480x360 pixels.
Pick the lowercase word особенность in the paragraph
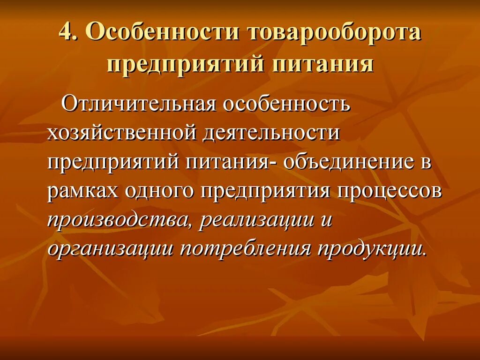[x=286, y=104]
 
